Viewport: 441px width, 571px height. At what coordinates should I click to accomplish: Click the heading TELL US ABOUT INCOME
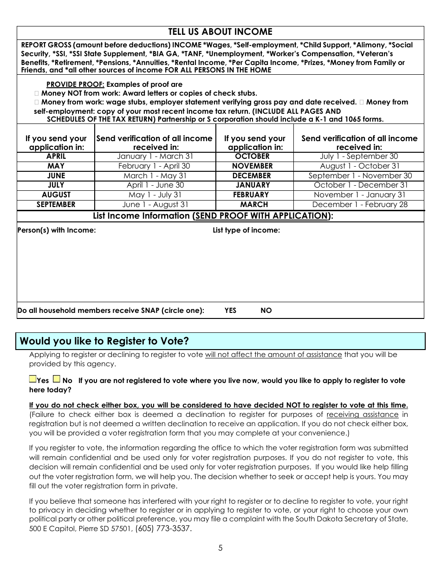pos(220,32)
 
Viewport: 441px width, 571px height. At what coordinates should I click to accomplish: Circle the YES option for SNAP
pos(230,311)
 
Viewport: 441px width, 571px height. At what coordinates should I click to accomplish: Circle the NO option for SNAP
pos(266,311)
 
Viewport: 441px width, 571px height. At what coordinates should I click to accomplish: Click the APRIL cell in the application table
pos(56,156)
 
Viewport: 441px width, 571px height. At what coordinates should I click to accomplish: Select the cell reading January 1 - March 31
pos(155,156)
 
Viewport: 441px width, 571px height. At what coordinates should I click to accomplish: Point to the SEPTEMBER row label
pos(56,205)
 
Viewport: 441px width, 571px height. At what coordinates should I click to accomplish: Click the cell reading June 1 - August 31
pos(155,205)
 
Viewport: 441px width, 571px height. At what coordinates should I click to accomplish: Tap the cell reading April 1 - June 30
pos(155,185)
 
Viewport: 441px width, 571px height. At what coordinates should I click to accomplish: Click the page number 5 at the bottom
pos(220,548)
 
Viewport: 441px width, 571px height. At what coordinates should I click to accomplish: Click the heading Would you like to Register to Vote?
pos(104,341)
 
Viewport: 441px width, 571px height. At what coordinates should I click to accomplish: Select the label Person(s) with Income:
pos(57,230)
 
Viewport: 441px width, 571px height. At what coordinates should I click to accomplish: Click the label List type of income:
pos(246,230)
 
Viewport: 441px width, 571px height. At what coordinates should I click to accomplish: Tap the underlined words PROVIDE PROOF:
pos(76,84)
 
